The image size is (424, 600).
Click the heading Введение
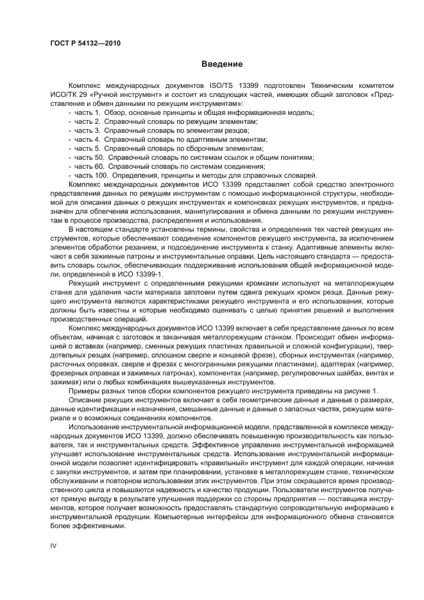(x=222, y=64)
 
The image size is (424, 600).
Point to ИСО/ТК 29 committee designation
(x=68, y=94)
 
